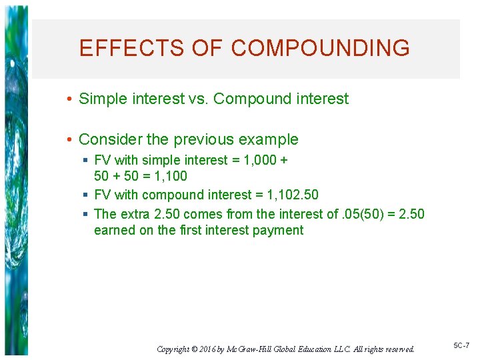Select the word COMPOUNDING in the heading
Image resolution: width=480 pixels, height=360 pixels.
321,48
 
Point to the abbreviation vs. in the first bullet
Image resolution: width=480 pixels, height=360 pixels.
198,99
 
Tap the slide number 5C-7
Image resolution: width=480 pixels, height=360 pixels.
461,346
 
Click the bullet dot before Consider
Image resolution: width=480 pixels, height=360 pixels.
69,139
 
